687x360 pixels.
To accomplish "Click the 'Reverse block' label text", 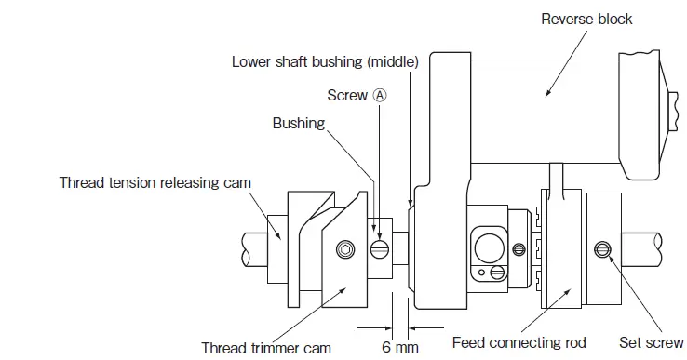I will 586,19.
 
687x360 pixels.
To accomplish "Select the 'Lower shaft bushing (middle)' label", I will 325,62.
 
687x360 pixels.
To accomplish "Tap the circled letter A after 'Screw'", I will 380,95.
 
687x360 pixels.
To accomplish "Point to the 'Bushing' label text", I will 299,123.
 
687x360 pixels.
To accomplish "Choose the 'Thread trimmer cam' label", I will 266,348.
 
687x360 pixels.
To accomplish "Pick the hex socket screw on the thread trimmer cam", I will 345,249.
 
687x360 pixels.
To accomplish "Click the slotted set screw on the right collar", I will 603,248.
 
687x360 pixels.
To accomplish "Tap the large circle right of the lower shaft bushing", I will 489,247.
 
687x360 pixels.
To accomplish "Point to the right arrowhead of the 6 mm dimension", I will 413,327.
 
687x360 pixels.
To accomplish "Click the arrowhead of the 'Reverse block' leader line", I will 545,96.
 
